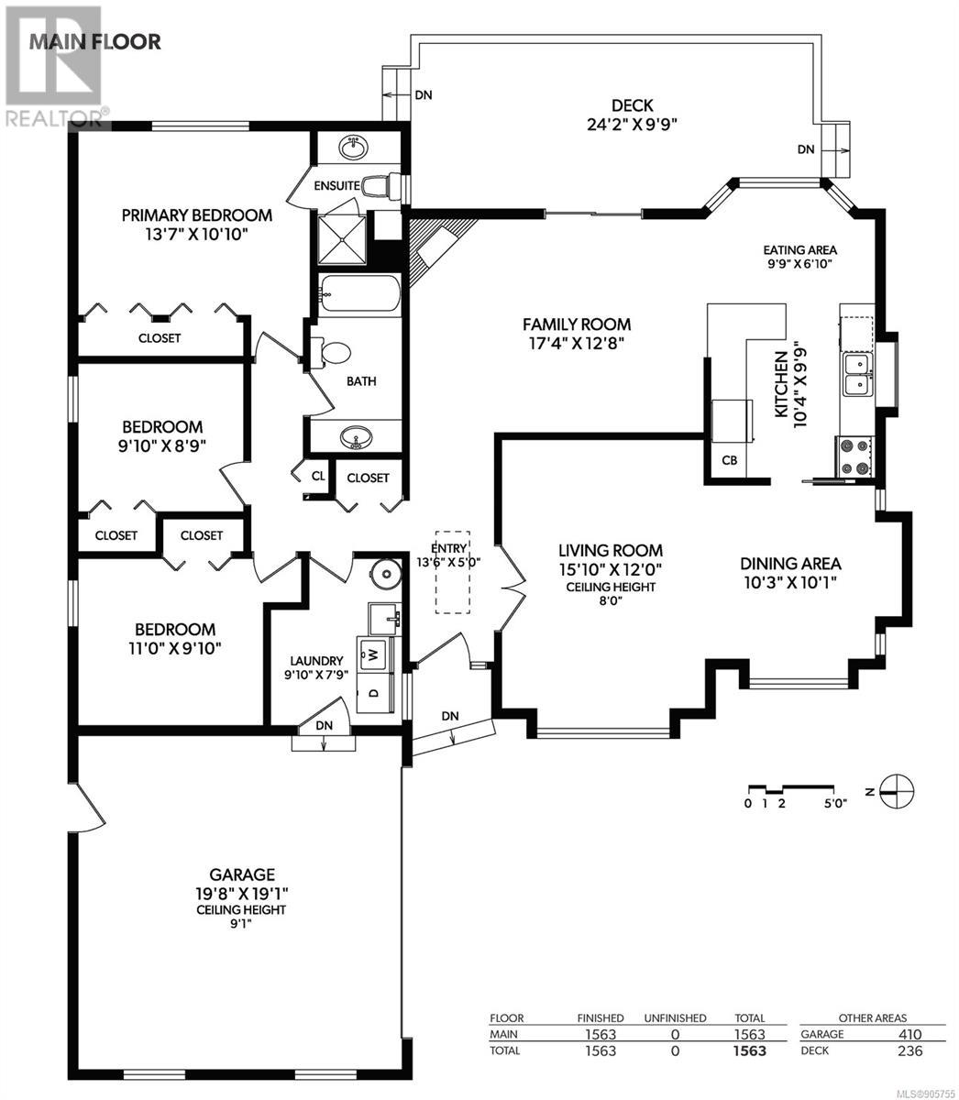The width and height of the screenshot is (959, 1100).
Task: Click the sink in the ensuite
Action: pyautogui.click(x=354, y=148)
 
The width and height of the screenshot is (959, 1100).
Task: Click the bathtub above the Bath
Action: pyautogui.click(x=359, y=293)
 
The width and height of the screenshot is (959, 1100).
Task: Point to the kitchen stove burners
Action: pyautogui.click(x=854, y=456)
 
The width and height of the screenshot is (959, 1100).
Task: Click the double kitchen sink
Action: pyautogui.click(x=858, y=374)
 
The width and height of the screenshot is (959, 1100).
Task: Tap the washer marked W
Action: pyautogui.click(x=374, y=654)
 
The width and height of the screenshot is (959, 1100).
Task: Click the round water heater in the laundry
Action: pyautogui.click(x=386, y=574)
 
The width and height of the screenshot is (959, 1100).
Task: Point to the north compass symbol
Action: pyautogui.click(x=895, y=791)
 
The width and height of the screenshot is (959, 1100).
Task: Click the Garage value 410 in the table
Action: pyautogui.click(x=909, y=1034)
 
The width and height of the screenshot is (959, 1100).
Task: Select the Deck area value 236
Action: pyautogui.click(x=909, y=1050)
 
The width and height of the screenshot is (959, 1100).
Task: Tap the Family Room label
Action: pyautogui.click(x=577, y=324)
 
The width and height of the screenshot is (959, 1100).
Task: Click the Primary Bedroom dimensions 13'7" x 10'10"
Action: pyautogui.click(x=196, y=235)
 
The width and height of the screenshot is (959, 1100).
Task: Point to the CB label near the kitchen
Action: pyautogui.click(x=730, y=460)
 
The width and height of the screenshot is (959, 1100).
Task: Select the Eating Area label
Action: pyautogui.click(x=799, y=250)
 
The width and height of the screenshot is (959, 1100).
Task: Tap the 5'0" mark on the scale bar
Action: pyautogui.click(x=834, y=803)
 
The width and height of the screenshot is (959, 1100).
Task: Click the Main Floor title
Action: pyautogui.click(x=94, y=42)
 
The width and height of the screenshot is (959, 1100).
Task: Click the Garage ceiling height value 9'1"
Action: pyautogui.click(x=241, y=924)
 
